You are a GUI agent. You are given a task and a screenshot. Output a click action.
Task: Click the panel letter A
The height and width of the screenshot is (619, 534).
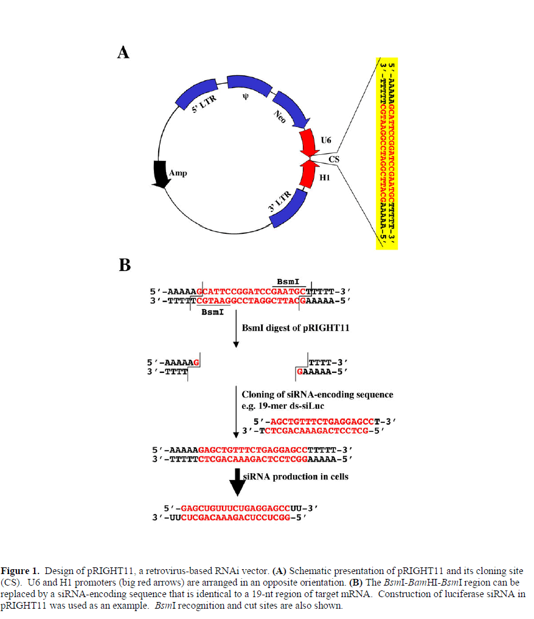pos(123,53)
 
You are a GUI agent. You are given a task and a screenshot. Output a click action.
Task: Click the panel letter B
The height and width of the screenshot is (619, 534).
pos(124,265)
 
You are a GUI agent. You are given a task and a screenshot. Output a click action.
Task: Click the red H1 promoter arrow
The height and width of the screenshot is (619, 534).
pos(310,176)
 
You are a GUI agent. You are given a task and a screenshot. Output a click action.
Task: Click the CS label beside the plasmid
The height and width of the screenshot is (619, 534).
pos(334,160)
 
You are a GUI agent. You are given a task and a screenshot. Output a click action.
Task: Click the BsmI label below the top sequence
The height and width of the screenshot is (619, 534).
pos(212,312)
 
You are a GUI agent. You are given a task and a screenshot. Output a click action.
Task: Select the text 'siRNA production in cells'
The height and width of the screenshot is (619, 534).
pos(296,476)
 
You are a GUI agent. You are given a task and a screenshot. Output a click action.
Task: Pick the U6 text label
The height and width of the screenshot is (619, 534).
pos(326,140)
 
